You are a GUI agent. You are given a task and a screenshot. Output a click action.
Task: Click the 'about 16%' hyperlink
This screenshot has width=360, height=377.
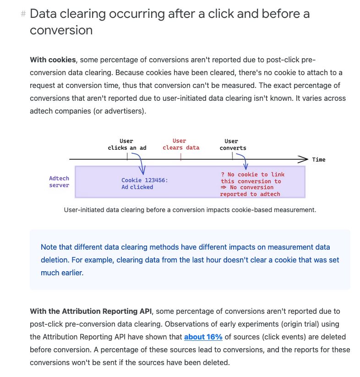pyautogui.click(x=203, y=337)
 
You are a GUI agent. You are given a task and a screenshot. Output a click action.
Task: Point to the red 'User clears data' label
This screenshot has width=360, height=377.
pyautogui.click(x=180, y=144)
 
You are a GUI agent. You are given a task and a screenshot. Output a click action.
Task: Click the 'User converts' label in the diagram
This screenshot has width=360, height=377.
pyautogui.click(x=232, y=144)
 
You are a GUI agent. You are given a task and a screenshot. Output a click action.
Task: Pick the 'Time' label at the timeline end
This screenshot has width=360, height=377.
pyautogui.click(x=318, y=159)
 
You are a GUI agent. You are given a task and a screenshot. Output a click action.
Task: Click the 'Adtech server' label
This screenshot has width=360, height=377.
pyautogui.click(x=59, y=181)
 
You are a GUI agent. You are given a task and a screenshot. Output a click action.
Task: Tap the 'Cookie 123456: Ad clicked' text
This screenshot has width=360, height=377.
pyautogui.click(x=144, y=183)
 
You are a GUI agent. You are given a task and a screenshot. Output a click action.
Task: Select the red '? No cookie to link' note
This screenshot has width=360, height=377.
pyautogui.click(x=252, y=175)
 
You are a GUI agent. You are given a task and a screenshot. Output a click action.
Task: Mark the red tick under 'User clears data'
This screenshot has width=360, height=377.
pyautogui.click(x=180, y=156)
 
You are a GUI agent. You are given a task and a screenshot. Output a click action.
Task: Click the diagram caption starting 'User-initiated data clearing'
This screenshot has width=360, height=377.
pyautogui.click(x=190, y=210)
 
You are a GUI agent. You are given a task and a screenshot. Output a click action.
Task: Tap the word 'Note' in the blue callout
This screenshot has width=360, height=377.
pyautogui.click(x=49, y=247)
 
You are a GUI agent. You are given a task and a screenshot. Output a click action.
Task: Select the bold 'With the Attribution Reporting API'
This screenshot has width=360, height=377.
pyautogui.click(x=90, y=311)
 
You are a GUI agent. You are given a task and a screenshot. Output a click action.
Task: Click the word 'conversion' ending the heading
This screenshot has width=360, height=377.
pyautogui.click(x=61, y=30)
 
